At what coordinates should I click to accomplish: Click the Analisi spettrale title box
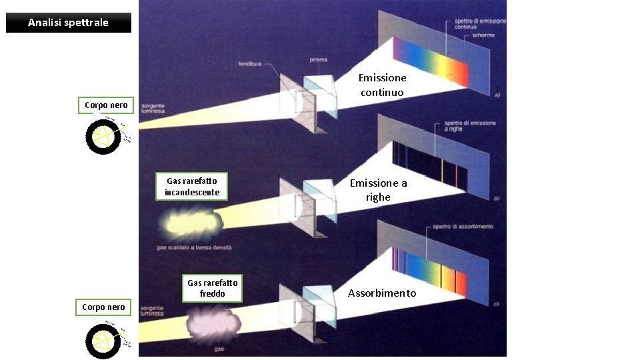coord(69,23)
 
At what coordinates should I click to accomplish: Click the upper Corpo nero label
coord(106,105)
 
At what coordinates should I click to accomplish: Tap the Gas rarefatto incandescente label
coord(192,187)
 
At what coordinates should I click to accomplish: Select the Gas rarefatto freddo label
coord(212,288)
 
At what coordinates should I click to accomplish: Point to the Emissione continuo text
coord(382,85)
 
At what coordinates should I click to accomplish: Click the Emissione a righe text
coord(378,190)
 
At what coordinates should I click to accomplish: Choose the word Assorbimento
coord(382,293)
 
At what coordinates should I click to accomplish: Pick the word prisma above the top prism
coord(318,60)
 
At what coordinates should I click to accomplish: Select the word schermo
coord(483,35)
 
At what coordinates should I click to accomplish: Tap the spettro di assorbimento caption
coord(463,227)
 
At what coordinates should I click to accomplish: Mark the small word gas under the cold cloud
coord(218,349)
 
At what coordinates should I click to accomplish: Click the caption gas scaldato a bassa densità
coord(193,247)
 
